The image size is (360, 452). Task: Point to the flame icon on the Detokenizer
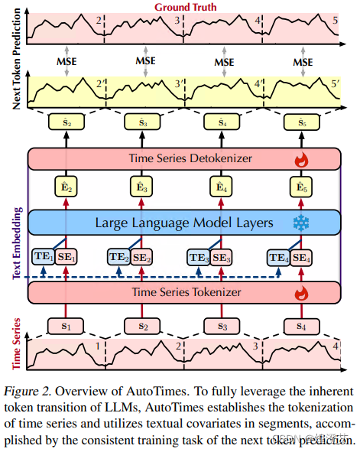tap(300, 160)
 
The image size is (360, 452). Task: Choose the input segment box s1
tap(66, 326)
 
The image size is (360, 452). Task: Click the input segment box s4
tap(301, 326)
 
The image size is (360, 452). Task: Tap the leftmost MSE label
tap(66, 60)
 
